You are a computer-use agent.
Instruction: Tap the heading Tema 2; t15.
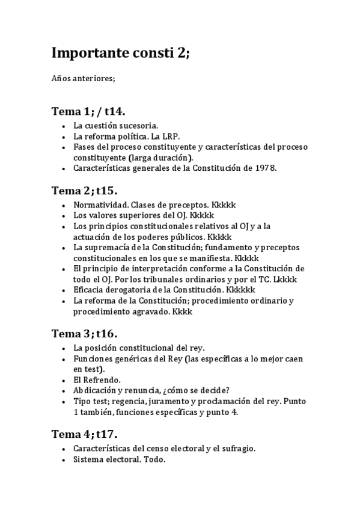(84, 191)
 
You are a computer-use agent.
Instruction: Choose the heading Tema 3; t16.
(84, 333)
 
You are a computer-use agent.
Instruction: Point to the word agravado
(150, 312)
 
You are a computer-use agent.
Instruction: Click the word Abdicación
(97, 390)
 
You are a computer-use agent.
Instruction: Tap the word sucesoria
(139, 126)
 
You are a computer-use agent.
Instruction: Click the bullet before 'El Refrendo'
(64, 380)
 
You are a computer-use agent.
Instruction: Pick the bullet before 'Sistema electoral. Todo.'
(64, 459)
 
